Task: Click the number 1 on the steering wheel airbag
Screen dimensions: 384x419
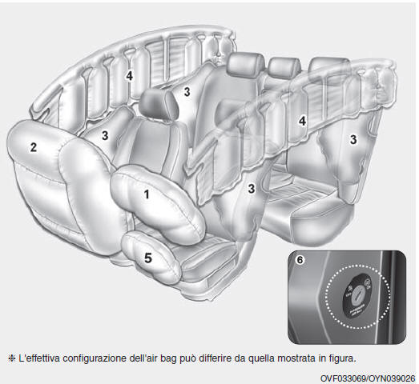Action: pyautogui.click(x=146, y=194)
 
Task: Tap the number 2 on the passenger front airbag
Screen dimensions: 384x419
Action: pyautogui.click(x=33, y=146)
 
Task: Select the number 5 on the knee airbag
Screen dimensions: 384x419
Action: pyautogui.click(x=147, y=258)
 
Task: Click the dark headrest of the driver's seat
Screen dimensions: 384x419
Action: pyautogui.click(x=155, y=102)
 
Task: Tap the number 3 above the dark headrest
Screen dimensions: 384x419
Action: pyautogui.click(x=186, y=92)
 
